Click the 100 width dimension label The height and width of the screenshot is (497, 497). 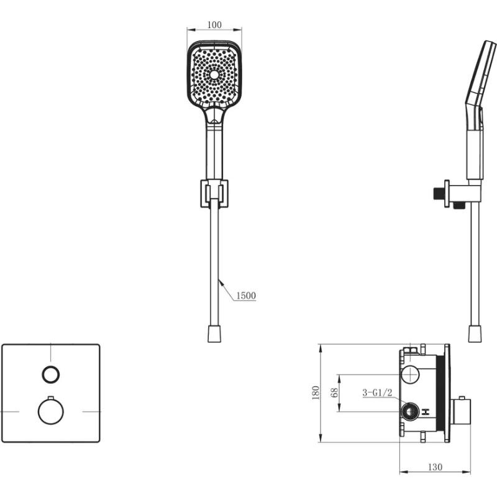click(214, 25)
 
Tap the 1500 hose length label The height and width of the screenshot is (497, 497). click(246, 296)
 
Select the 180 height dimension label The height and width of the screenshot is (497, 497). click(316, 393)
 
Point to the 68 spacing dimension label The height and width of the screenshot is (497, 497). click(334, 393)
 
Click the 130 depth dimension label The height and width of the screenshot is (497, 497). click(435, 467)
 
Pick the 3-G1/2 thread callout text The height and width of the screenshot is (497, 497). click(377, 393)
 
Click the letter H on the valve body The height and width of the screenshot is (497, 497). click(426, 412)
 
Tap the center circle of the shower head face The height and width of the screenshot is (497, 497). click(214, 75)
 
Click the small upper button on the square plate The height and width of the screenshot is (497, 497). click(51, 375)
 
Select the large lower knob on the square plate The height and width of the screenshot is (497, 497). click(51, 411)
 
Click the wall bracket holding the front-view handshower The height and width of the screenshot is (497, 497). click(214, 194)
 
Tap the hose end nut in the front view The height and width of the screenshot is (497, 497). click(214, 334)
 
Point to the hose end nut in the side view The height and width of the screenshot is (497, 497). click(475, 334)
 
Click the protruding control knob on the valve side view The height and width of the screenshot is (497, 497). click(460, 412)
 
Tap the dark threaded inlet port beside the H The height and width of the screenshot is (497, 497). click(410, 412)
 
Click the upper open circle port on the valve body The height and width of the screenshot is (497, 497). click(410, 374)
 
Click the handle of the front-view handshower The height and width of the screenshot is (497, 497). click(214, 149)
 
